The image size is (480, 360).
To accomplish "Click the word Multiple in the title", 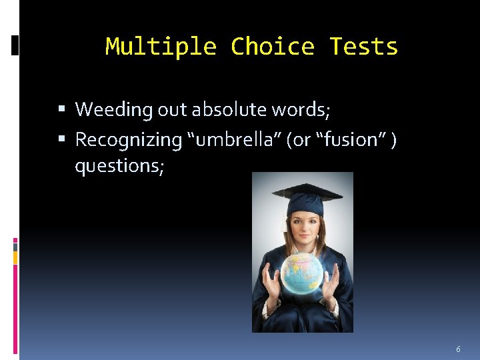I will pos(161,47).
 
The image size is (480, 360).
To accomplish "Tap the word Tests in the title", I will pos(363,47).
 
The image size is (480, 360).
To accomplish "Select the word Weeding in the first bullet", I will pos(114,109).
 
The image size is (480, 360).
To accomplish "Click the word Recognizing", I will pos(129,140).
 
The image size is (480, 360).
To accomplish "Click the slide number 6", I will pos(458,349).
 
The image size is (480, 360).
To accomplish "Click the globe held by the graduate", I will pos(302,274).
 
